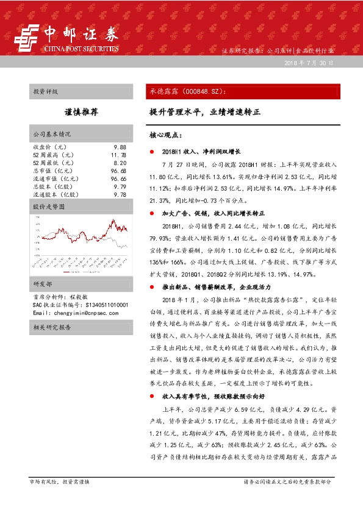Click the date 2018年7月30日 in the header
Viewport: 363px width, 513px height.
(309, 64)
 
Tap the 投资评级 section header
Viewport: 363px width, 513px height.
(46, 92)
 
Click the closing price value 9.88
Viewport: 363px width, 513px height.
(120, 147)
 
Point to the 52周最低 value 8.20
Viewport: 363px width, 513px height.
(120, 163)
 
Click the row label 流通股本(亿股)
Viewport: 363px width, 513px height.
(56, 195)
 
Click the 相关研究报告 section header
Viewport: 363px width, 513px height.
(52, 327)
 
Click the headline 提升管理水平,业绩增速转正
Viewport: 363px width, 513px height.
(205, 113)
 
